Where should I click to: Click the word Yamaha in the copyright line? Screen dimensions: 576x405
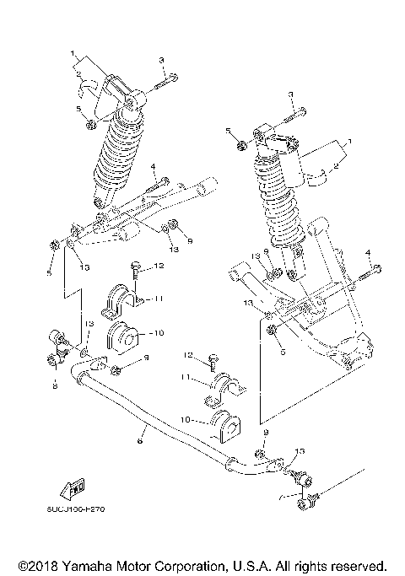(86, 564)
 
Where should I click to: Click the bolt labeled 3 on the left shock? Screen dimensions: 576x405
(168, 79)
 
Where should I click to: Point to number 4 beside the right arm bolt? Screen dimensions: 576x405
(368, 253)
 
